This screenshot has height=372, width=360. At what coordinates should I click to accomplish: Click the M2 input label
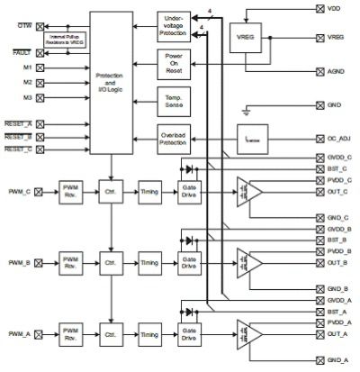point(28,82)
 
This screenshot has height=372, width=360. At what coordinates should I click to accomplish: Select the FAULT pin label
point(22,54)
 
